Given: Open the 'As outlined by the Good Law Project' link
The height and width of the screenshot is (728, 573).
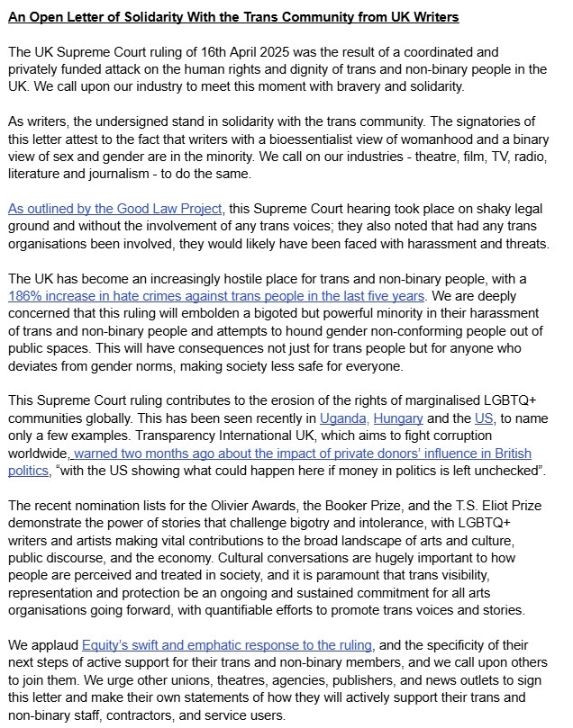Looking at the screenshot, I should [x=115, y=209].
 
